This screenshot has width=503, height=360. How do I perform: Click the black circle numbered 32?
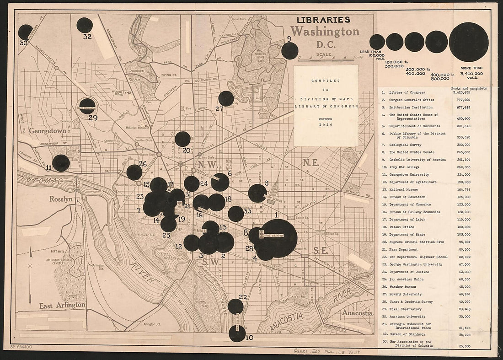pyautogui.click(x=85, y=25)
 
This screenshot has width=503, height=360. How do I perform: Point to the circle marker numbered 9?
pyautogui.click(x=289, y=51)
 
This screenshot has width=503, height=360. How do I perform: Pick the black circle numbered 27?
pyautogui.click(x=226, y=98)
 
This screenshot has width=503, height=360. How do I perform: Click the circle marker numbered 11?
pyautogui.click(x=61, y=163)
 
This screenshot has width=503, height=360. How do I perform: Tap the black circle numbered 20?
pyautogui.click(x=182, y=139)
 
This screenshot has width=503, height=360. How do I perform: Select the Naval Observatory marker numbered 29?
pyautogui.click(x=87, y=106)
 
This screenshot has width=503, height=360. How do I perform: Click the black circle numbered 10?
pyautogui.click(x=237, y=333)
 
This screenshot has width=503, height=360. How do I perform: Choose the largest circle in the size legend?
pyautogui.click(x=469, y=42)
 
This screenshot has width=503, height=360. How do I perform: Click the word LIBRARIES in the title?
pyautogui.click(x=323, y=20)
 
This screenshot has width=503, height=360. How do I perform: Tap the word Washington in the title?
pyautogui.click(x=325, y=32)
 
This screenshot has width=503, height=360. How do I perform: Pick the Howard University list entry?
pyautogui.click(x=407, y=294)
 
